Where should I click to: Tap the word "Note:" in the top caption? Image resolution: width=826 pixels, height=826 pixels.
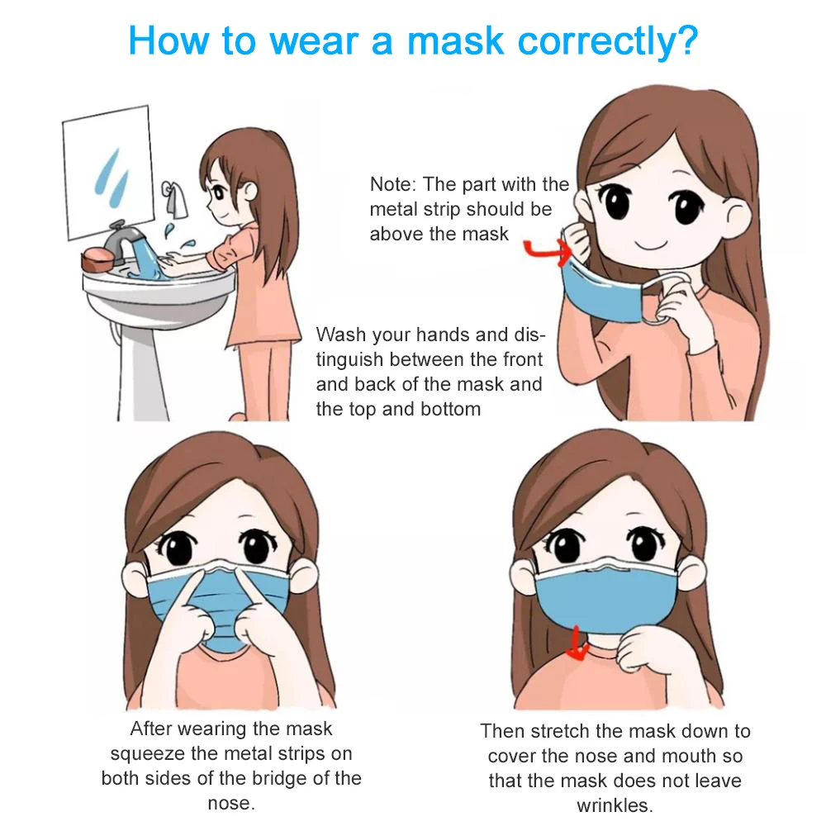[x=395, y=184]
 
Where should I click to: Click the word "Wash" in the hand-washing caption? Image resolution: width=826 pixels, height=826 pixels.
[x=341, y=335]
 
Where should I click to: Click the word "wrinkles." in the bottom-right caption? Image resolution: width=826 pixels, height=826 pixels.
[x=615, y=805]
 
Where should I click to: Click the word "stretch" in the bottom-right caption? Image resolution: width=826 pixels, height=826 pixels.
[x=558, y=731]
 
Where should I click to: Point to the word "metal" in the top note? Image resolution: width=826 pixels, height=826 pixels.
[x=395, y=209]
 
